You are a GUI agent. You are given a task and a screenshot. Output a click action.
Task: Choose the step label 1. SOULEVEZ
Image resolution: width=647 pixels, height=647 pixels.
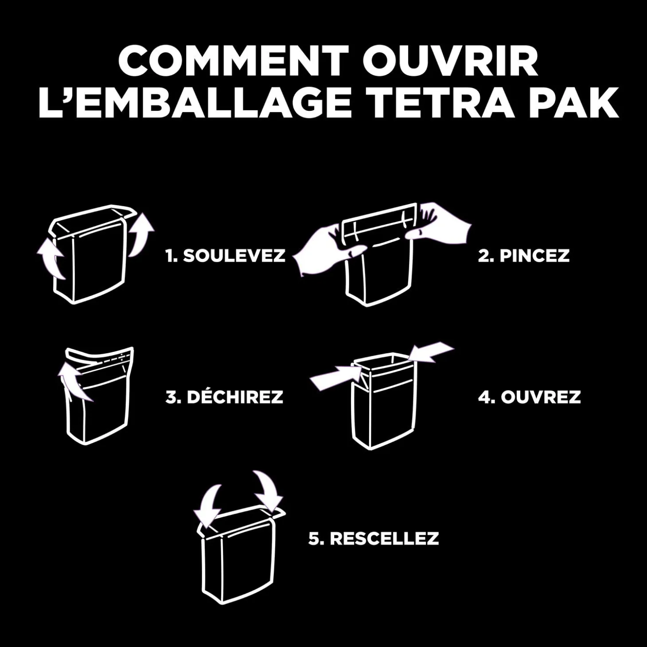tap(225, 256)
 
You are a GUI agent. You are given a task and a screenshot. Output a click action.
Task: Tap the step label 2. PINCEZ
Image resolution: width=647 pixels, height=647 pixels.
tap(523, 256)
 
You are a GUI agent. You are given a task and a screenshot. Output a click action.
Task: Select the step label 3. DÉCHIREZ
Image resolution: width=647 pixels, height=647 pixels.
tap(224, 397)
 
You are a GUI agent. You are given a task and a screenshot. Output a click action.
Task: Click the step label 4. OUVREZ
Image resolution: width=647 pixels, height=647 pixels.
tap(529, 397)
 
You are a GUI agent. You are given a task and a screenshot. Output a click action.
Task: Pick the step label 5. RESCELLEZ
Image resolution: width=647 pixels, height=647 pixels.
tap(374, 538)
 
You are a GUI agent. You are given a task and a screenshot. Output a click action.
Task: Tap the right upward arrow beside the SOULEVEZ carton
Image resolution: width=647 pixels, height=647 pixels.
tap(141, 235)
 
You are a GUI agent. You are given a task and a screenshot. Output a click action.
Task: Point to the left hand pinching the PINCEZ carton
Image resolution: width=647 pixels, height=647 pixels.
tap(327, 250)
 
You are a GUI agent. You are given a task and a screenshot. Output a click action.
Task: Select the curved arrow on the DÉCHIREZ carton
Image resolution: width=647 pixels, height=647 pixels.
tap(74, 383)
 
